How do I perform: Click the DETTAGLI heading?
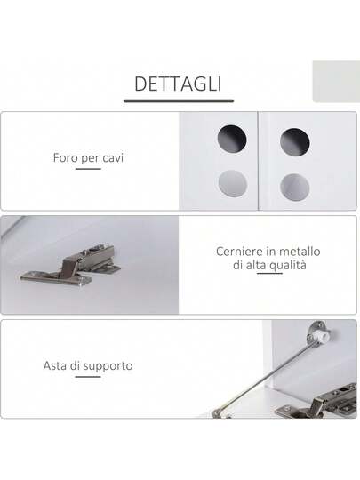tap(178, 84)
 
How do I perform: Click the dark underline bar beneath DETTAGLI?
tap(179, 100)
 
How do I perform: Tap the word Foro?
tap(65, 158)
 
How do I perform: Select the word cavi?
tap(113, 158)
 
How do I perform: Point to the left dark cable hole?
tap(232, 139)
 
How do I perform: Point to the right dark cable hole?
tap(294, 142)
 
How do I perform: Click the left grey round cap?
tap(233, 185)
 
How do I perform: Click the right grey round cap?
tap(294, 188)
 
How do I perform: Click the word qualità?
tap(288, 266)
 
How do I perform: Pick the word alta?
tap(256, 265)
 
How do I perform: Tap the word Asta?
tap(55, 365)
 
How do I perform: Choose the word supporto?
tap(108, 366)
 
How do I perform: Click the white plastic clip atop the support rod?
tap(324, 336)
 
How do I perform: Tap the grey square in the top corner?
tap(336, 82)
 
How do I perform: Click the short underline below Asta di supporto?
tap(88, 377)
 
